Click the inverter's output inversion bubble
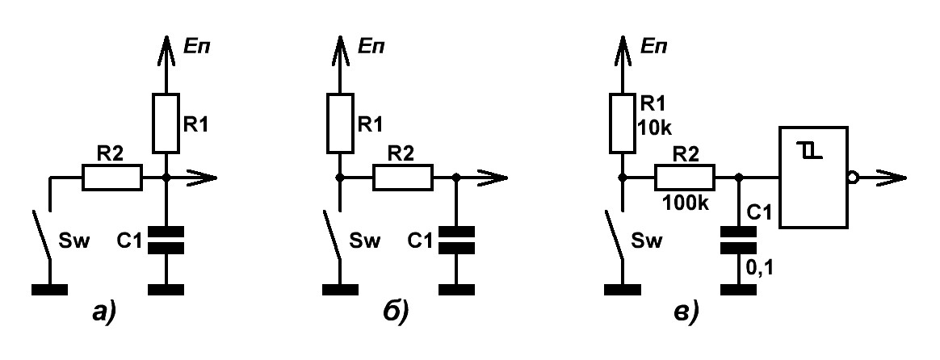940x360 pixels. tap(853, 178)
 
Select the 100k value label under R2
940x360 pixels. tap(686, 203)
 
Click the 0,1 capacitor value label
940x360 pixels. tap(759, 268)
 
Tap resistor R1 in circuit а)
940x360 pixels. tap(166, 123)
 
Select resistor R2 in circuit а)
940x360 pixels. tap(112, 178)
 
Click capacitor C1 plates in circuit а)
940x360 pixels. tap(166, 241)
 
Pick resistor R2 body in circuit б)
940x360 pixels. tap(403, 178)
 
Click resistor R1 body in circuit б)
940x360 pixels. tap(340, 123)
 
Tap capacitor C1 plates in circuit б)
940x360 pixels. tap(457, 241)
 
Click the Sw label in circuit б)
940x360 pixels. tap(364, 241)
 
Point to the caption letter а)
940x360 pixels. tap(103, 312)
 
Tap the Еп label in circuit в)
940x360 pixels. tap(655, 46)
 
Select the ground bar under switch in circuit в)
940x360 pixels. tap(623, 290)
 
